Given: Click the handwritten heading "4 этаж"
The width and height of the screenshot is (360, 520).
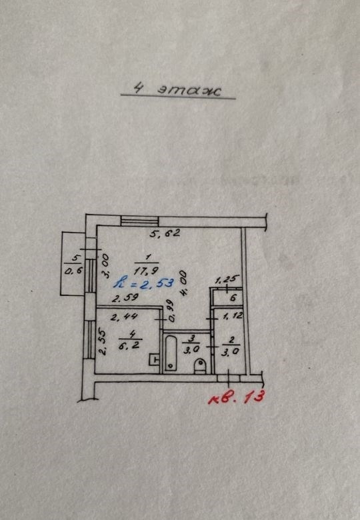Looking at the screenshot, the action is (177, 89).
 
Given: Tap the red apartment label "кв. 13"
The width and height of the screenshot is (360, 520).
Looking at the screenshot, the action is (237, 397).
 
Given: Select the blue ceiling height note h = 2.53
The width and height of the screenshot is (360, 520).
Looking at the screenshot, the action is (143, 283).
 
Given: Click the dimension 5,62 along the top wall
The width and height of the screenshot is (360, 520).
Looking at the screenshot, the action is (165, 233).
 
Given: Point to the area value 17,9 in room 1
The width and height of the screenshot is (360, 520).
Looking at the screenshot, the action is (146, 270).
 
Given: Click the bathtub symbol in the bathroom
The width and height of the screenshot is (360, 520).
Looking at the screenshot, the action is (171, 353).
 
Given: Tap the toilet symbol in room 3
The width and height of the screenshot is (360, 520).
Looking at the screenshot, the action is (200, 366).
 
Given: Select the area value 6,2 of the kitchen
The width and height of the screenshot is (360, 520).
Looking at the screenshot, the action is (129, 345).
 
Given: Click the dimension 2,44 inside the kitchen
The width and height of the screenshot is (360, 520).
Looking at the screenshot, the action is (124, 317).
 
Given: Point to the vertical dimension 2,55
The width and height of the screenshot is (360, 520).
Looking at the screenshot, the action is (103, 341).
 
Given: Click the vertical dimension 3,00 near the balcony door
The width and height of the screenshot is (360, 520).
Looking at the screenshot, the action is (105, 265).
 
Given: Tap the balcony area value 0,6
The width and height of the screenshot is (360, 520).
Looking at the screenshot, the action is (73, 271).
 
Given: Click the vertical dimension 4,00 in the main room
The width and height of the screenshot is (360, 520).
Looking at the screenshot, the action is (184, 283).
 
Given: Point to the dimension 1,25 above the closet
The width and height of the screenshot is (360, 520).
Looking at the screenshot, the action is (227, 280).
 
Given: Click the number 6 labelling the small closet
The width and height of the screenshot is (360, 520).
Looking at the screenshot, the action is (233, 298).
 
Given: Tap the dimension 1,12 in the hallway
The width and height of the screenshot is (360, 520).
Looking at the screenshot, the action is (233, 317).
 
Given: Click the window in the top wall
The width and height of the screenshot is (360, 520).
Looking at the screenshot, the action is (139, 221).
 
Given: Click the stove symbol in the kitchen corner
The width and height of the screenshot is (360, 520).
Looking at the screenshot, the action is (155, 359).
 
